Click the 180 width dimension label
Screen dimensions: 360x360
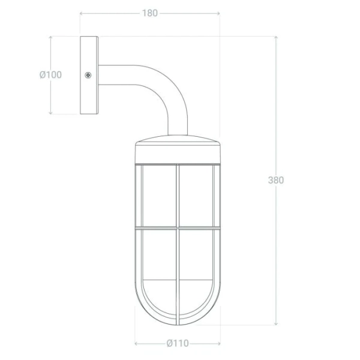[150, 13]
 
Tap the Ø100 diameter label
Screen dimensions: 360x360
[50, 75]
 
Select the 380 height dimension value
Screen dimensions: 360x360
[276, 180]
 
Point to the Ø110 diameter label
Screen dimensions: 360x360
[178, 343]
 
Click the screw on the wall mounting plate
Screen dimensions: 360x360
[88, 75]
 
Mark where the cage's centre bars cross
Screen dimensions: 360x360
[178, 228]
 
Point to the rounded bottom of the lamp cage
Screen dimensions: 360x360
[178, 312]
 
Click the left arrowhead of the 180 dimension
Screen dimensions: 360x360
[82, 13]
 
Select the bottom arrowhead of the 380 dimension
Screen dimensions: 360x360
[276, 323]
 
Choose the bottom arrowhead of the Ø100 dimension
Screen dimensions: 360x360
[50, 113]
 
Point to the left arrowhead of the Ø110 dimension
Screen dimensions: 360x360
[137, 343]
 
